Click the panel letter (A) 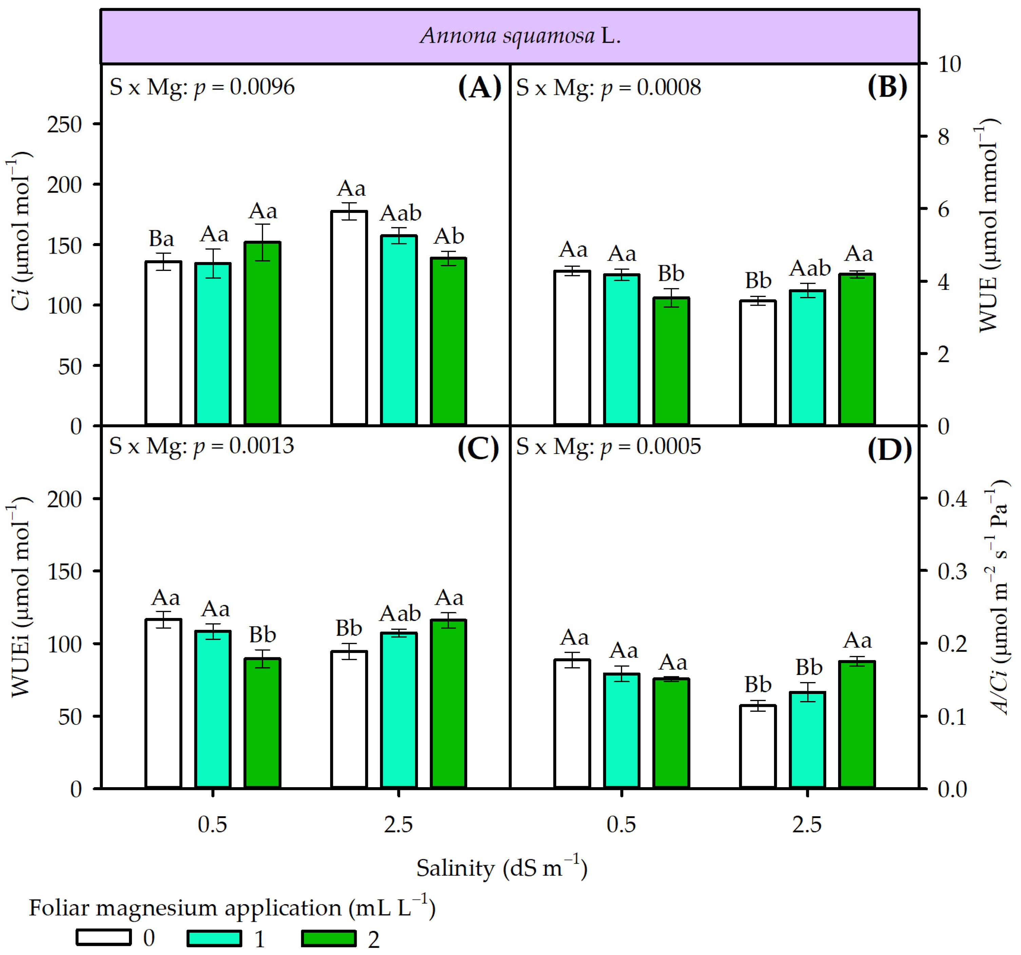pos(479,87)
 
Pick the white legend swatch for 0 pos(104,938)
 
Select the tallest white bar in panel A pos(349,318)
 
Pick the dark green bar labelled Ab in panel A pos(448,341)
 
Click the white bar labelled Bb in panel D pos(758,746)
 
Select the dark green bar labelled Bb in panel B pos(671,361)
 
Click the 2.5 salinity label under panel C pos(399,825)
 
